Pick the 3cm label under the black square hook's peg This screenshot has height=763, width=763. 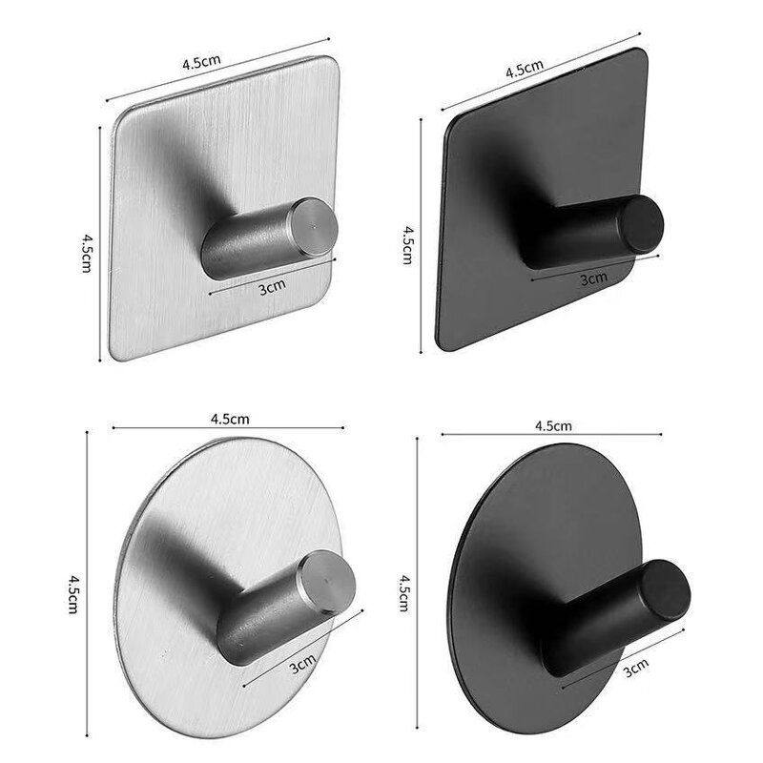[x=593, y=278]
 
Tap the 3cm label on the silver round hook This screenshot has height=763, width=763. [x=302, y=660]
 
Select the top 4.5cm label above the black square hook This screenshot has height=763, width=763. [x=524, y=69]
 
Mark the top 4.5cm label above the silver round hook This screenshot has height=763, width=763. [x=230, y=418]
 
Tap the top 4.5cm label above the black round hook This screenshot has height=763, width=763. [x=553, y=425]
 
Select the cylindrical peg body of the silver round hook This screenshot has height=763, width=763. [x=262, y=620]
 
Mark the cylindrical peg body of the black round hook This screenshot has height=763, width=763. [x=591, y=620]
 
